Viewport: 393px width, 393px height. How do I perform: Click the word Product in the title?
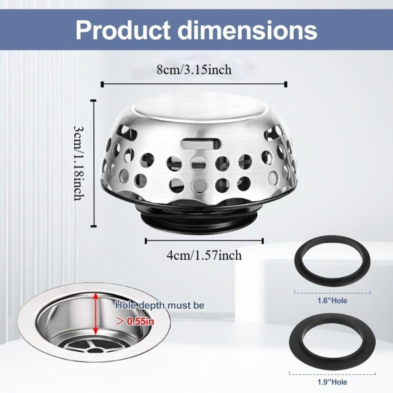click(122, 29)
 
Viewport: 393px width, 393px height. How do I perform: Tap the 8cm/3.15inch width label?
click(194, 70)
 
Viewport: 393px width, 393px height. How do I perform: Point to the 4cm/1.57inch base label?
click(204, 255)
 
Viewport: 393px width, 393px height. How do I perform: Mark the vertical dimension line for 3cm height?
click(94, 163)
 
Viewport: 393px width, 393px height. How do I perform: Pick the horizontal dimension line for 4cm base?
click(204, 241)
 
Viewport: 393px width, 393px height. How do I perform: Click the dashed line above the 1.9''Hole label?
click(332, 373)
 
